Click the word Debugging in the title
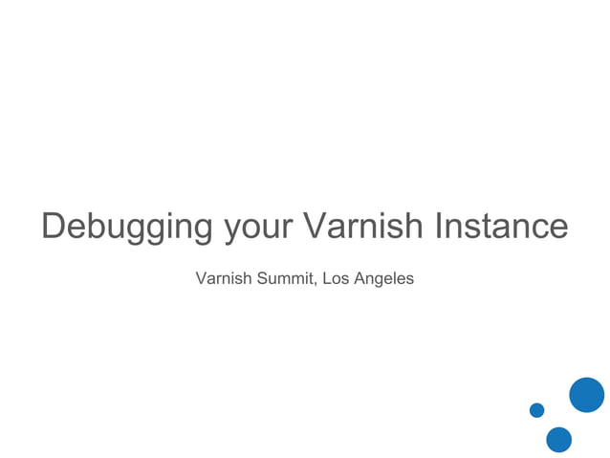[x=127, y=228]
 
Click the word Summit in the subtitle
[x=282, y=279]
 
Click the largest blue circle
[x=586, y=395]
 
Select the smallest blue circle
[x=536, y=410]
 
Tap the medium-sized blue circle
[x=558, y=440]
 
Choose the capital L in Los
[x=326, y=279]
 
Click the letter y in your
[x=231, y=231]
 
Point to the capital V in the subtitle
[x=201, y=279]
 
